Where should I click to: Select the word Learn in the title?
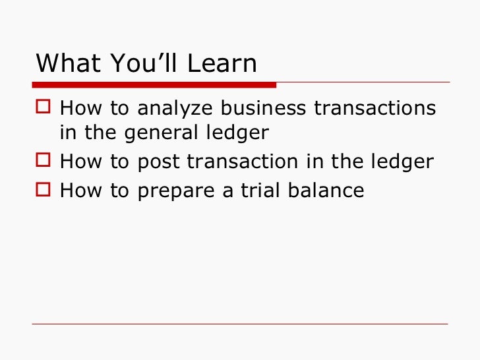pos(222,63)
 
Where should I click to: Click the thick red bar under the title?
pos(154,84)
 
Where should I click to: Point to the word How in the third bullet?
pos(78,191)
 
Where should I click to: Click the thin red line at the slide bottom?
pos(240,324)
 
